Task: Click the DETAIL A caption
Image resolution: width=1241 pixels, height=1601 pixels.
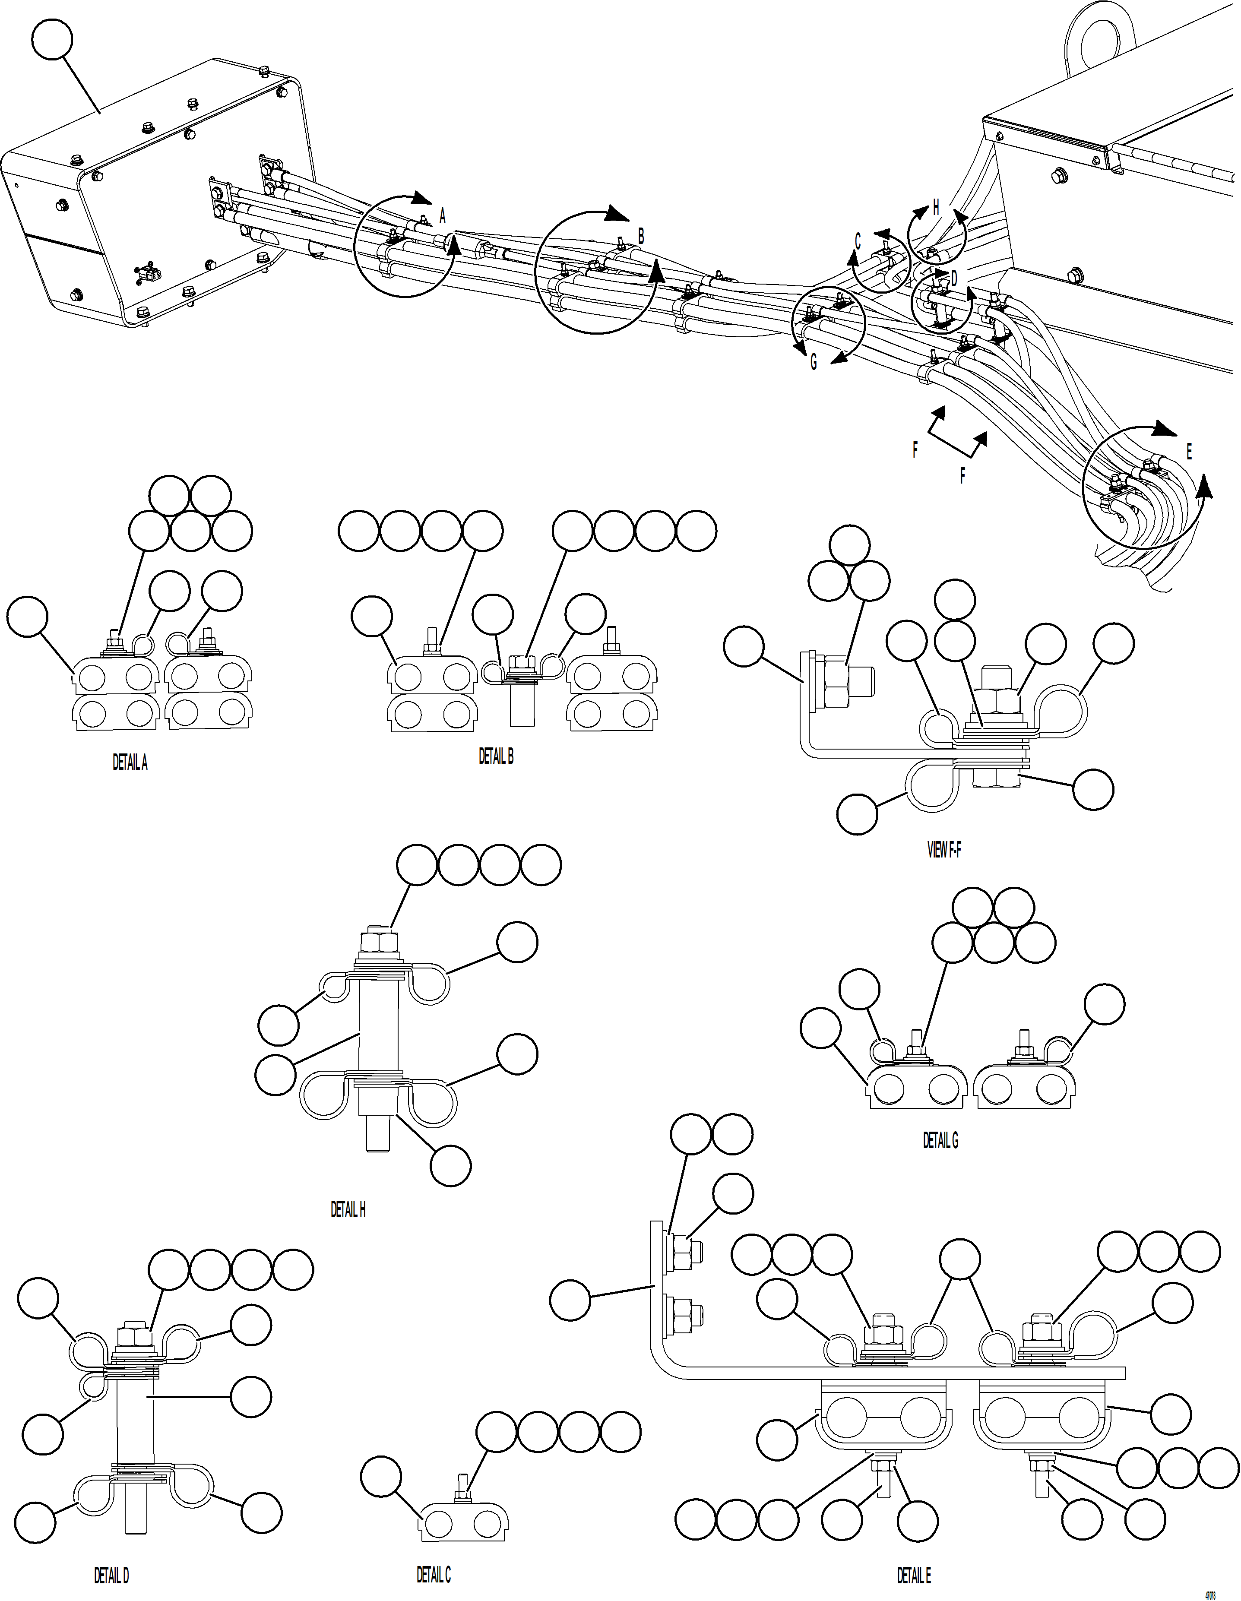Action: [x=130, y=763]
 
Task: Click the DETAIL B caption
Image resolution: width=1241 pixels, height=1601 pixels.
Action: [x=496, y=757]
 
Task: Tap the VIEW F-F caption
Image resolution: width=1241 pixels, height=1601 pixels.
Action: [x=943, y=850]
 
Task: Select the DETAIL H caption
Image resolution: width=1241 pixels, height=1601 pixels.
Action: [x=348, y=1209]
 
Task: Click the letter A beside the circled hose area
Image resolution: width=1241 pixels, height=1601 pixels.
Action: [x=442, y=215]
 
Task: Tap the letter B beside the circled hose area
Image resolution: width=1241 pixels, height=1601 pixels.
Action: [x=641, y=236]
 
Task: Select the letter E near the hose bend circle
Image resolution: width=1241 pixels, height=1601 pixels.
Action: [x=1188, y=452]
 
